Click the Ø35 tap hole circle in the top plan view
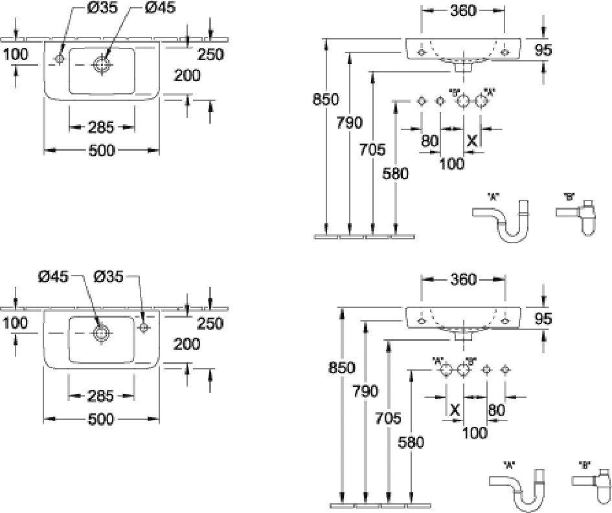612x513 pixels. pyautogui.click(x=60, y=58)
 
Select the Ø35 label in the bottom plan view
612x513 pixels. pyautogui.click(x=108, y=276)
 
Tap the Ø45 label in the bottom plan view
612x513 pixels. pyautogui.click(x=52, y=276)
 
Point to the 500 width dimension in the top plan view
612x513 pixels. pyautogui.click(x=102, y=150)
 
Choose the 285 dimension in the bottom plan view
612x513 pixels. pyautogui.click(x=101, y=395)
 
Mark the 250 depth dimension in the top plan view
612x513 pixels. pyautogui.click(x=210, y=55)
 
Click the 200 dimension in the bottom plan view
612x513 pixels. pyautogui.click(x=187, y=344)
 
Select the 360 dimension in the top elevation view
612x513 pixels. pyautogui.click(x=463, y=10)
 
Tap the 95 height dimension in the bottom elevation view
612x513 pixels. pyautogui.click(x=543, y=318)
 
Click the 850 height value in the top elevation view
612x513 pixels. pyautogui.click(x=325, y=99)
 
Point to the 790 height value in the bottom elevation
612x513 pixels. pyautogui.click(x=365, y=390)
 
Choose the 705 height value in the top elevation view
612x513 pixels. pyautogui.click(x=372, y=150)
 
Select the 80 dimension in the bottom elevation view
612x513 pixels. pyautogui.click(x=496, y=409)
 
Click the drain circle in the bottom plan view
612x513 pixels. pyautogui.click(x=100, y=333)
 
